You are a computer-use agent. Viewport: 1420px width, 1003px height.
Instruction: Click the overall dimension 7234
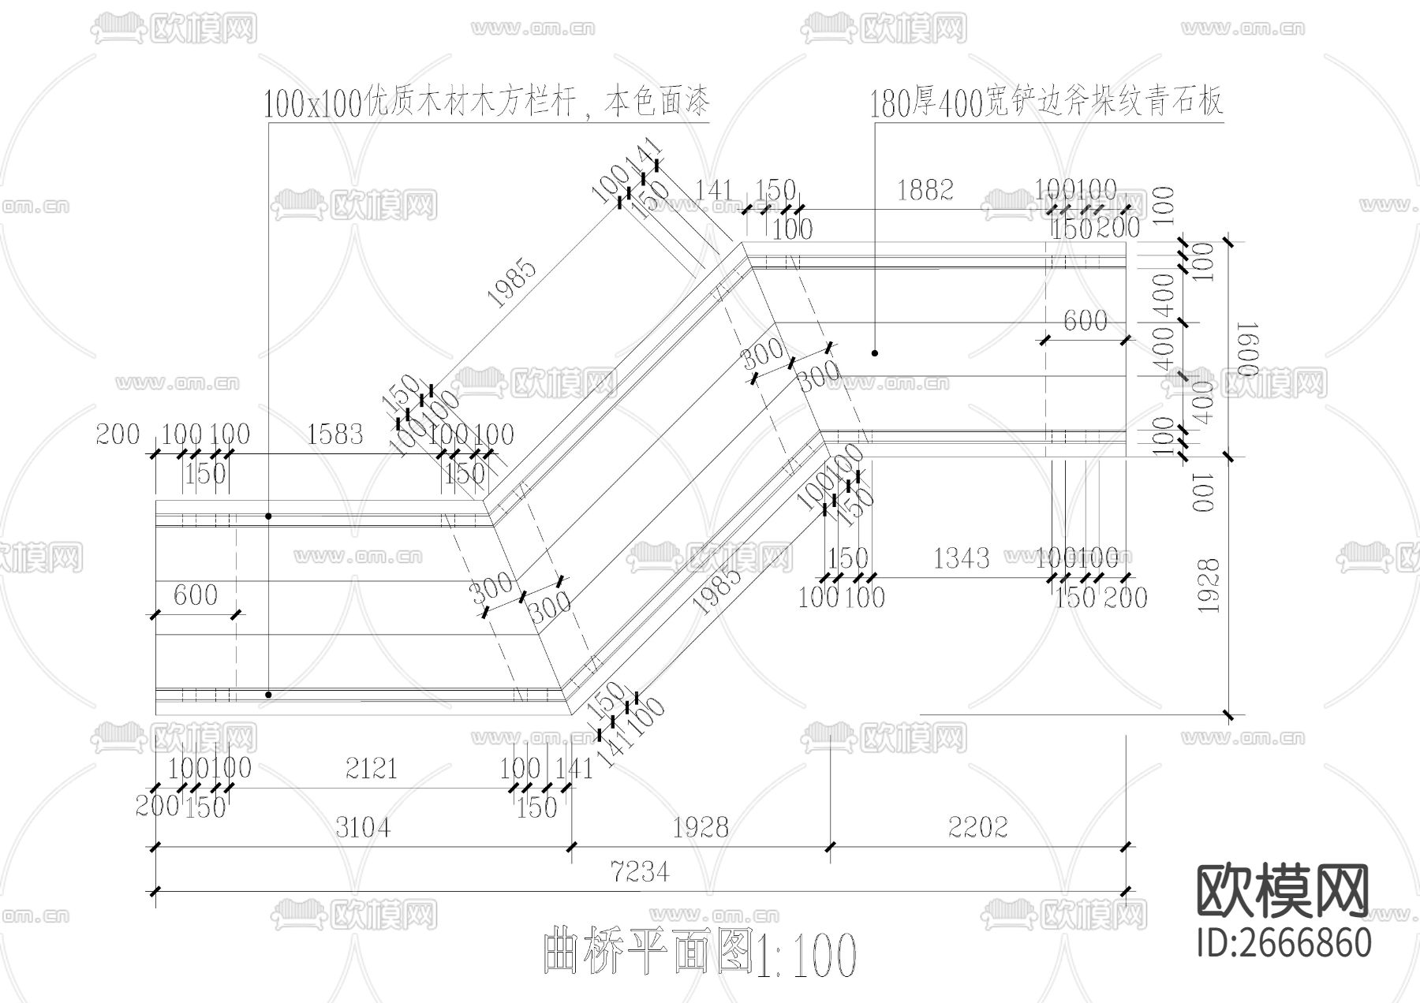(x=640, y=872)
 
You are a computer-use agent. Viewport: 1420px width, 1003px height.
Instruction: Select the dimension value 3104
(x=363, y=827)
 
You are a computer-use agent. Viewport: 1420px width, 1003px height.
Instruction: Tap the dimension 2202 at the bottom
(x=978, y=827)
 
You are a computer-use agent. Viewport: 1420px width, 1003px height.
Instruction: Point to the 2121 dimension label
(x=372, y=768)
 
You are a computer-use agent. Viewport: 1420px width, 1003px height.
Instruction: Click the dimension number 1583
(x=335, y=434)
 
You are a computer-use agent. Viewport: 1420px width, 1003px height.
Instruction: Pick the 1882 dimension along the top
(x=925, y=190)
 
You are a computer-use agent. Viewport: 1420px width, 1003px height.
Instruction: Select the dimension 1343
(x=961, y=558)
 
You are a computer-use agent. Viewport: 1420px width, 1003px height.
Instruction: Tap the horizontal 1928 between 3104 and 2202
(x=701, y=827)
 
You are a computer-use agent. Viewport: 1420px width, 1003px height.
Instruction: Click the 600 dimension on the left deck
(x=195, y=595)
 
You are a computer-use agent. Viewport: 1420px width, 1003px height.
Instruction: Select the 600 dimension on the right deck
(x=1086, y=321)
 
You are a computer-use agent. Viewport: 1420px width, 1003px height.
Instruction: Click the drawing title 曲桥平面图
(x=647, y=953)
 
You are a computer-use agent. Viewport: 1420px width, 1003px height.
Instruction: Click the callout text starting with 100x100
(x=487, y=103)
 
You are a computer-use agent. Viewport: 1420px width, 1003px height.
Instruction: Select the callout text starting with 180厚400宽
(x=1046, y=103)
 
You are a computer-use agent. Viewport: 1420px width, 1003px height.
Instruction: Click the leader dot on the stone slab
(x=875, y=352)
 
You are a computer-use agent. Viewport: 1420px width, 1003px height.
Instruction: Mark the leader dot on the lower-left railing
(x=269, y=695)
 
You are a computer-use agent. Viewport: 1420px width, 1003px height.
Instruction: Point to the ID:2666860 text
(x=1284, y=943)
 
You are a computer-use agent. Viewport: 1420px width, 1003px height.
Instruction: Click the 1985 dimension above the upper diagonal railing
(x=513, y=282)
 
